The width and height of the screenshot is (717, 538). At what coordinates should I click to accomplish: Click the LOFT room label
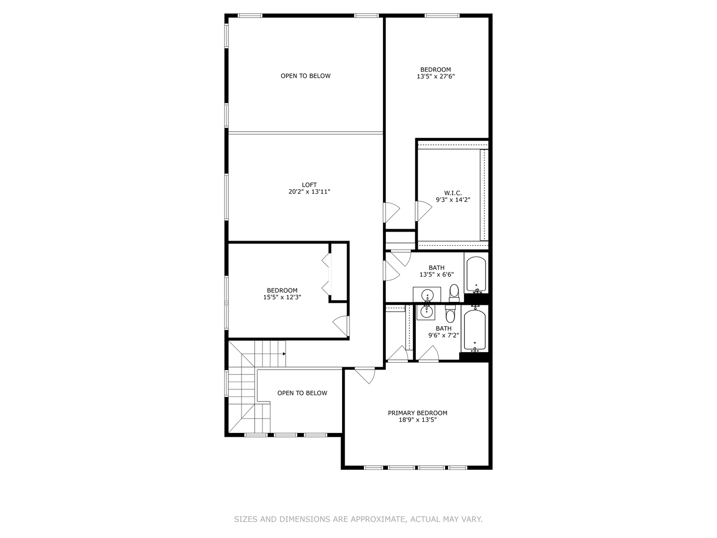pyautogui.click(x=309, y=185)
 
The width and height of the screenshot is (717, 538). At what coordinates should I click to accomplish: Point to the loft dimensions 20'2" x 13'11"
pyautogui.click(x=309, y=192)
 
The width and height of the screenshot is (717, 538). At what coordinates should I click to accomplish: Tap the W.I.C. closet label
pyautogui.click(x=453, y=193)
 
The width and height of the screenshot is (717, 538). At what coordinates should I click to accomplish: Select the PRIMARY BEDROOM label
pyautogui.click(x=417, y=413)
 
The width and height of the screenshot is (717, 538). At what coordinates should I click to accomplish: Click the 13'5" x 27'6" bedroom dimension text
pyautogui.click(x=436, y=77)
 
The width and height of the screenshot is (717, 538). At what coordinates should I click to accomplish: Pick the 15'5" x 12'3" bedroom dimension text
pyautogui.click(x=282, y=297)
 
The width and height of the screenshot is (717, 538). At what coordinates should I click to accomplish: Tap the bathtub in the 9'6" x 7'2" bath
pyautogui.click(x=475, y=330)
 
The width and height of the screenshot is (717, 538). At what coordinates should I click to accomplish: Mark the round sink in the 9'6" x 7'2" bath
pyautogui.click(x=426, y=312)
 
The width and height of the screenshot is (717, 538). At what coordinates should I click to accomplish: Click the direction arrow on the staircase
pyautogui.click(x=284, y=354)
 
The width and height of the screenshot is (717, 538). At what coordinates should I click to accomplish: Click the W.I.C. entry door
pyautogui.click(x=423, y=211)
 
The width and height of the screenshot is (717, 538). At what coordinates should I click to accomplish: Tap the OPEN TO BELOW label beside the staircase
pyautogui.click(x=302, y=393)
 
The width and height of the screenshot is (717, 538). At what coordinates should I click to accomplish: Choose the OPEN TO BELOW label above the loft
pyautogui.click(x=305, y=76)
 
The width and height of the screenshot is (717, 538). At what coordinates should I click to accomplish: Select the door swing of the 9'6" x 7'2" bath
pyautogui.click(x=428, y=354)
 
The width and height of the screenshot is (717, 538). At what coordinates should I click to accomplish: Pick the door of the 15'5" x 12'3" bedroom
pyautogui.click(x=342, y=326)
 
